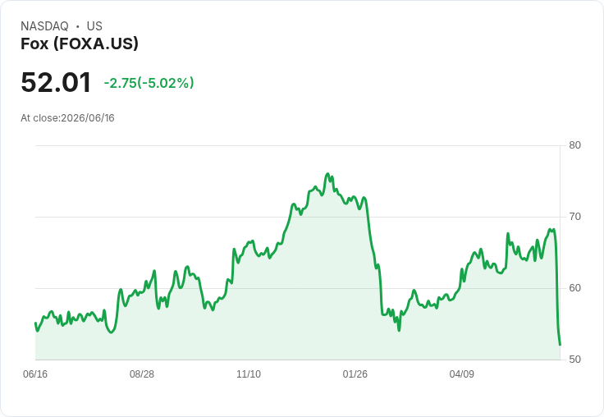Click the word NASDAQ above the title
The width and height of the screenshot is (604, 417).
44,26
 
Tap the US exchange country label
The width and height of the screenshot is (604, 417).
94,26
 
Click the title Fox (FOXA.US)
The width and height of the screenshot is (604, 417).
80,44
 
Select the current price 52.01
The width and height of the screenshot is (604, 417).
56,82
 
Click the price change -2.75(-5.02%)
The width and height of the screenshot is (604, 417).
149,83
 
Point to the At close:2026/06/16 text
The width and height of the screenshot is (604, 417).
67,118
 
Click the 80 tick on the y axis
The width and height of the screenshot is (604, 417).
574,145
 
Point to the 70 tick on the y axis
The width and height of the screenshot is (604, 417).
574,217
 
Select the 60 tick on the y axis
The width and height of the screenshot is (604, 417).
574,288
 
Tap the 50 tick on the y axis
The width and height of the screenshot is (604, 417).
574,360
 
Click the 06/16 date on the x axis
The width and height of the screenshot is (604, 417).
35,373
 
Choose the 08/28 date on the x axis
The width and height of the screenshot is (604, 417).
142,373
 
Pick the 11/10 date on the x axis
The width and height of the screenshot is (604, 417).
249,373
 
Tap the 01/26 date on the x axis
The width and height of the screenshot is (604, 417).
355,373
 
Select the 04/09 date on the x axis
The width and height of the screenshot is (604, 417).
461,373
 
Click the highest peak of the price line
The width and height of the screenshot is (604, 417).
327,174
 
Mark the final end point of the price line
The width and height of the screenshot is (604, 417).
560,345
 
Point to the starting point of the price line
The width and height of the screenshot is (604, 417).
35,323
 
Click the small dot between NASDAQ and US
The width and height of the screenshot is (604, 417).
77,26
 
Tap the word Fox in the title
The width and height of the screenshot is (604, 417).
34,44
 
